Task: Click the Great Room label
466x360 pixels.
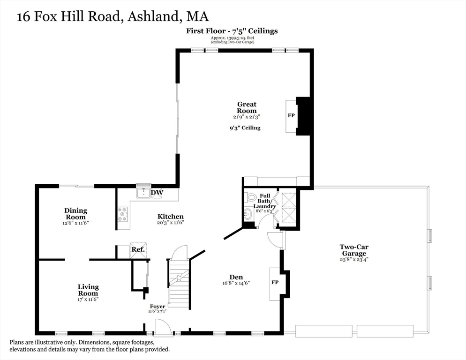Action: point(247,107)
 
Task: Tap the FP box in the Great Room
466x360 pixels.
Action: point(291,115)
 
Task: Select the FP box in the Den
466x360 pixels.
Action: point(275,283)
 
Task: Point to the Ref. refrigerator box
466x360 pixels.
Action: point(137,249)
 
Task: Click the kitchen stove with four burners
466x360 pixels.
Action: point(123,215)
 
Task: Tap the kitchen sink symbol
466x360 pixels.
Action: point(142,193)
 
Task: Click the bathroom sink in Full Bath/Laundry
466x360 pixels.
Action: point(248,215)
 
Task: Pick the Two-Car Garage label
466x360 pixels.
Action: point(353,250)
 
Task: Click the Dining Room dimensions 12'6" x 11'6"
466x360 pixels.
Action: point(75,223)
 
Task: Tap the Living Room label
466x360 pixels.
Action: point(88,290)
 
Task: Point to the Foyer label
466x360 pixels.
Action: point(157,306)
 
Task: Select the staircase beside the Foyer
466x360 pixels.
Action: point(179,281)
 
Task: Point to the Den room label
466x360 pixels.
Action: point(236,277)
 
